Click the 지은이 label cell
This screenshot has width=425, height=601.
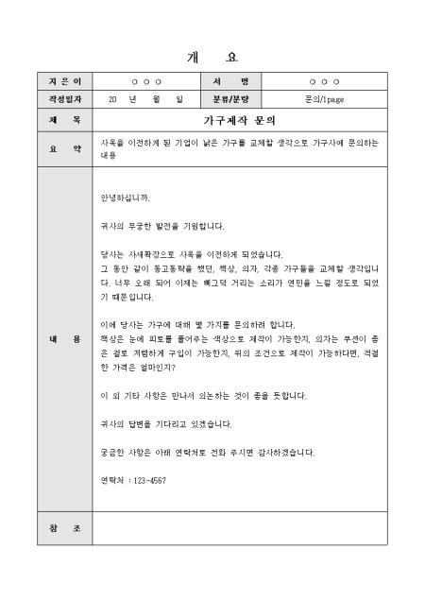click(64, 82)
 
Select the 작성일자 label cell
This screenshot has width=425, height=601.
click(64, 98)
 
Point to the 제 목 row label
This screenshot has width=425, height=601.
click(64, 121)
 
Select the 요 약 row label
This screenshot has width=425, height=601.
click(64, 149)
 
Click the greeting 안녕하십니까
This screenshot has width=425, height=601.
click(125, 199)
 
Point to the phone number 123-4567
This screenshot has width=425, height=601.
click(146, 480)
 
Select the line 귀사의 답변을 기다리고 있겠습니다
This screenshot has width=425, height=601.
click(165, 423)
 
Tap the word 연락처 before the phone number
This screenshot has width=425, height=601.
click(111, 480)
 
